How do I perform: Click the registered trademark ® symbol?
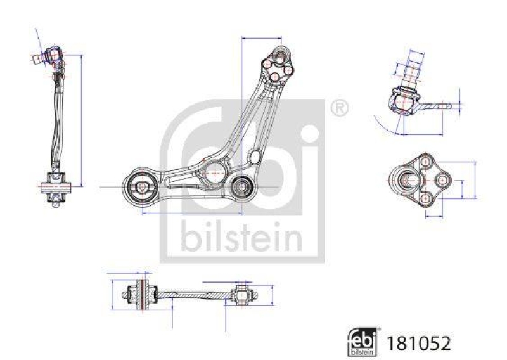(340, 108)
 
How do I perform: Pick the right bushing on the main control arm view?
(241, 187)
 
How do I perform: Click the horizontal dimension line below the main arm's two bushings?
(191, 214)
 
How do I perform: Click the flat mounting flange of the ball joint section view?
(437, 106)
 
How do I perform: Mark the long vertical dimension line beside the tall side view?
(82, 120)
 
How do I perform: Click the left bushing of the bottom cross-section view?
(141, 293)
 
